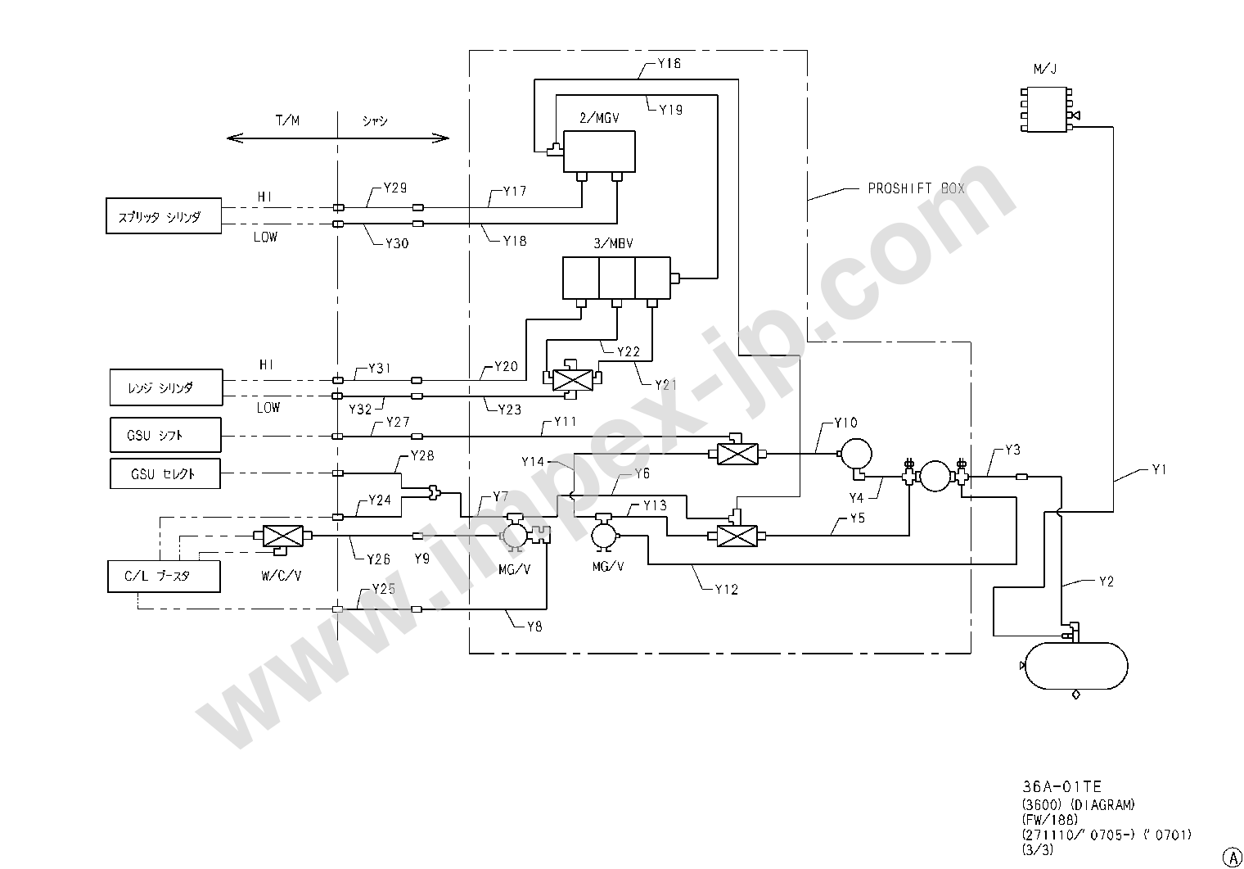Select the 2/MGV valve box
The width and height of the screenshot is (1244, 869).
click(599, 152)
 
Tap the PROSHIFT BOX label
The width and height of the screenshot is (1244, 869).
click(916, 188)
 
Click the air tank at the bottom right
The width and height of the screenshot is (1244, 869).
click(1075, 664)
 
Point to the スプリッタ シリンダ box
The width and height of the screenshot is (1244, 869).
click(164, 216)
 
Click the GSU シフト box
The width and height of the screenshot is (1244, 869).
click(165, 435)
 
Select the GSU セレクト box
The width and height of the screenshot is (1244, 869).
click(165, 473)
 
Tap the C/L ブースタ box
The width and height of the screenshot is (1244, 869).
click(164, 576)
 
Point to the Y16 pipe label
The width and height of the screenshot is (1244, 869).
click(669, 63)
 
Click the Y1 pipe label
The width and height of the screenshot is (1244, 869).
click(1160, 469)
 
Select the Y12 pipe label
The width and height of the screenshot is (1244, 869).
click(726, 589)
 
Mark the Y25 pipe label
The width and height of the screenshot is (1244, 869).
click(383, 589)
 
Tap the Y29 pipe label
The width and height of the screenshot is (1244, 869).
click(395, 188)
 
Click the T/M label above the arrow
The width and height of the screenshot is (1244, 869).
click(286, 120)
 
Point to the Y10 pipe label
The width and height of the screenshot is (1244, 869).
click(845, 423)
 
